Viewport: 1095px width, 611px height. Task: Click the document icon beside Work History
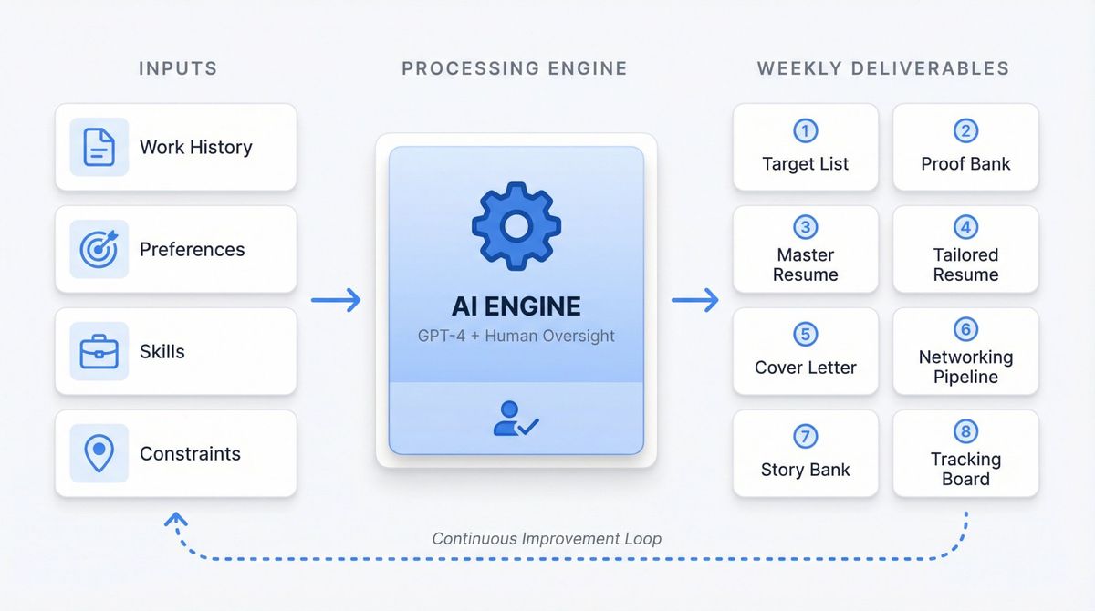pos(99,147)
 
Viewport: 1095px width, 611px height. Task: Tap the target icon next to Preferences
pos(99,249)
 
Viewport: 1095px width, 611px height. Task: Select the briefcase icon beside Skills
pos(99,351)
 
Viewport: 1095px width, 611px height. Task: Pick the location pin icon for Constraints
pos(99,453)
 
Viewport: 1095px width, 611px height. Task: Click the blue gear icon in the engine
pos(516,226)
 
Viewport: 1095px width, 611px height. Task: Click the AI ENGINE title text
pos(516,305)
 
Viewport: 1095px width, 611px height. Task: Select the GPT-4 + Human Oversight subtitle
pos(516,336)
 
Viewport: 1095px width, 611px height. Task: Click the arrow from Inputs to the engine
pos(336,300)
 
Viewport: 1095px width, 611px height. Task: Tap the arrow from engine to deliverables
pos(695,300)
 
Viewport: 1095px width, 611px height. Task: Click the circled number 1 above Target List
pos(805,131)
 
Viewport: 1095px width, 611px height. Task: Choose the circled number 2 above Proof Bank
pos(965,131)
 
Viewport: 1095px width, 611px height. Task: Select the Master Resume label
pos(805,264)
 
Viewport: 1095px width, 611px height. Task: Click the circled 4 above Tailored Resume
pos(965,227)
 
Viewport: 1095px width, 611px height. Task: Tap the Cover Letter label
pos(805,368)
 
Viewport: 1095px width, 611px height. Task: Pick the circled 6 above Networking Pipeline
pos(965,329)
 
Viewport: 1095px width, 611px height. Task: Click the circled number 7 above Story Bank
pos(805,437)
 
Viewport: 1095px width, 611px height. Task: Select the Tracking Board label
pos(965,469)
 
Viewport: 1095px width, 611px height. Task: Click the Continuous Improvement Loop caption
pos(547,538)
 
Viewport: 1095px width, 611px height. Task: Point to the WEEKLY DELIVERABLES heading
pos(883,68)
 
